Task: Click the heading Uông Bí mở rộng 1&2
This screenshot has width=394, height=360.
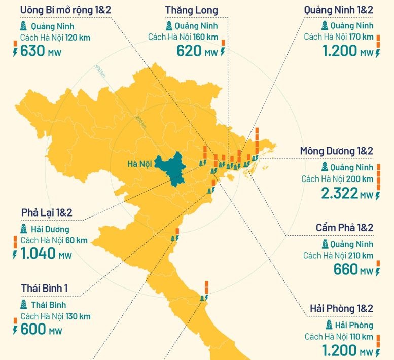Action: [x=65, y=10]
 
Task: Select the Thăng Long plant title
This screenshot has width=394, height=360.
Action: [x=192, y=10]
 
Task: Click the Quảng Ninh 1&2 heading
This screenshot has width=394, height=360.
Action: [x=339, y=10]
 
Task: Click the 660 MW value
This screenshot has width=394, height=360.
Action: [x=353, y=269]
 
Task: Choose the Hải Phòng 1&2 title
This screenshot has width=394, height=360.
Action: [x=341, y=309]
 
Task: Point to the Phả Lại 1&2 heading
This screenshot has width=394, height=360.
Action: [x=47, y=212]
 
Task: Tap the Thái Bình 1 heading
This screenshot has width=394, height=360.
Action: [x=45, y=289]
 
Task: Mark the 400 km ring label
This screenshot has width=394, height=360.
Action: [x=100, y=70]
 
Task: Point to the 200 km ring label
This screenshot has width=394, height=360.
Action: [x=140, y=121]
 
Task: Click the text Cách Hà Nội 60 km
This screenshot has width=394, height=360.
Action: [x=54, y=240]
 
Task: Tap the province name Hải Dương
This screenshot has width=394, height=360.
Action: [x=50, y=230]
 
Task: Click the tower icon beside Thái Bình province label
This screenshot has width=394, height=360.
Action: [x=24, y=305]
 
